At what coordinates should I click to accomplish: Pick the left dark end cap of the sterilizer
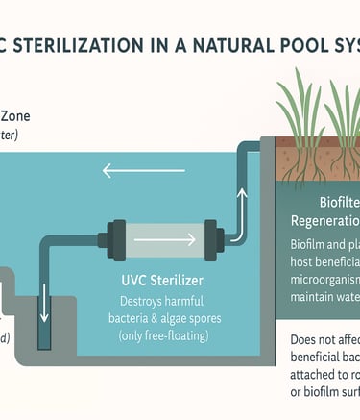[x=110, y=236]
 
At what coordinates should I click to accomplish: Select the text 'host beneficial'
[x=323, y=264]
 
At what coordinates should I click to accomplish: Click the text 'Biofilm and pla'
[x=324, y=246]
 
